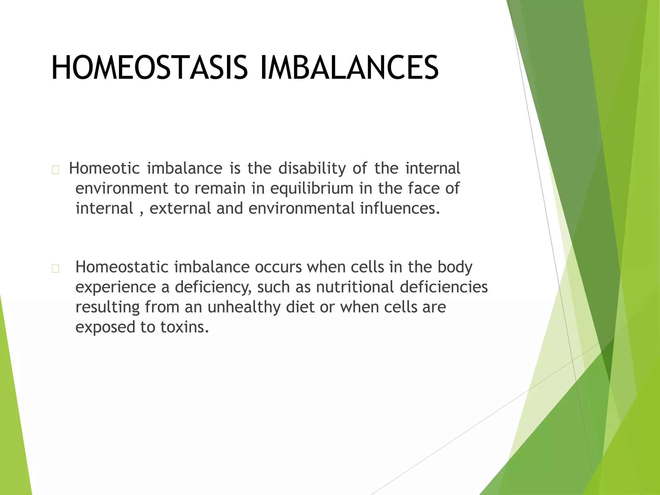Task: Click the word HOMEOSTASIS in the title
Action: pos(150,68)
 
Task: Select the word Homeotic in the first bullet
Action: pos(104,169)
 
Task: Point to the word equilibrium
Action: pos(312,189)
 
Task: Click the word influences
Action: pos(400,208)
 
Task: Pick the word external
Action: pos(180,208)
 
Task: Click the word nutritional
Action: pos(355,287)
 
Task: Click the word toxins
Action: pos(185,327)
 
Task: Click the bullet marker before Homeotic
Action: pos(55,170)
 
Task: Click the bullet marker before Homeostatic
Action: pos(55,269)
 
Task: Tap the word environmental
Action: pos(301,208)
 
